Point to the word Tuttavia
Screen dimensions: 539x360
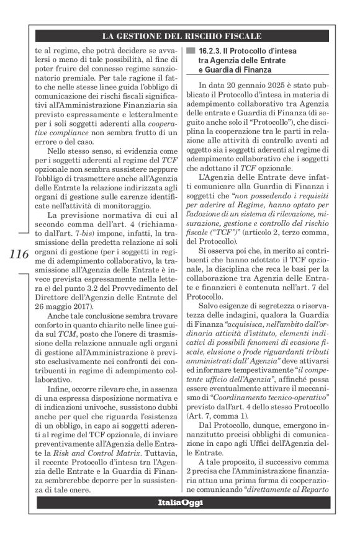(156, 454)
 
